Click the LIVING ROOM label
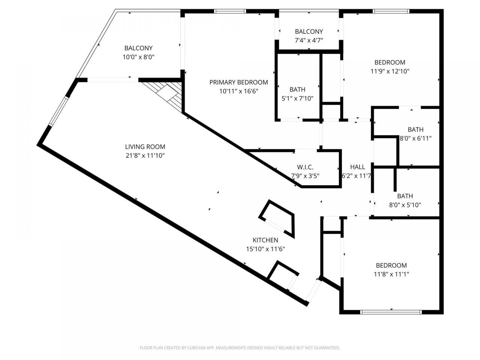click(145, 147)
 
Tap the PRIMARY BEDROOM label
click(238, 82)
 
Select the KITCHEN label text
click(265, 240)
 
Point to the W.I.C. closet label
click(305, 167)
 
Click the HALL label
click(357, 167)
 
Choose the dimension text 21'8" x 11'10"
click(145, 156)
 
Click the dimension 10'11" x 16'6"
click(238, 91)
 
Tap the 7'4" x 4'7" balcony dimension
click(309, 40)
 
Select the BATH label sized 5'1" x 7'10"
click(297, 89)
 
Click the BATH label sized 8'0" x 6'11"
click(415, 130)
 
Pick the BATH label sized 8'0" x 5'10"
click(405, 196)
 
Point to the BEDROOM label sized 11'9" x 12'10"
click(390, 62)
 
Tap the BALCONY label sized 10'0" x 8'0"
click(138, 48)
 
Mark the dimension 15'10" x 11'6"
click(265, 249)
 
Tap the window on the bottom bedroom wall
click(391, 312)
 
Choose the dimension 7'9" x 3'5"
click(305, 175)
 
